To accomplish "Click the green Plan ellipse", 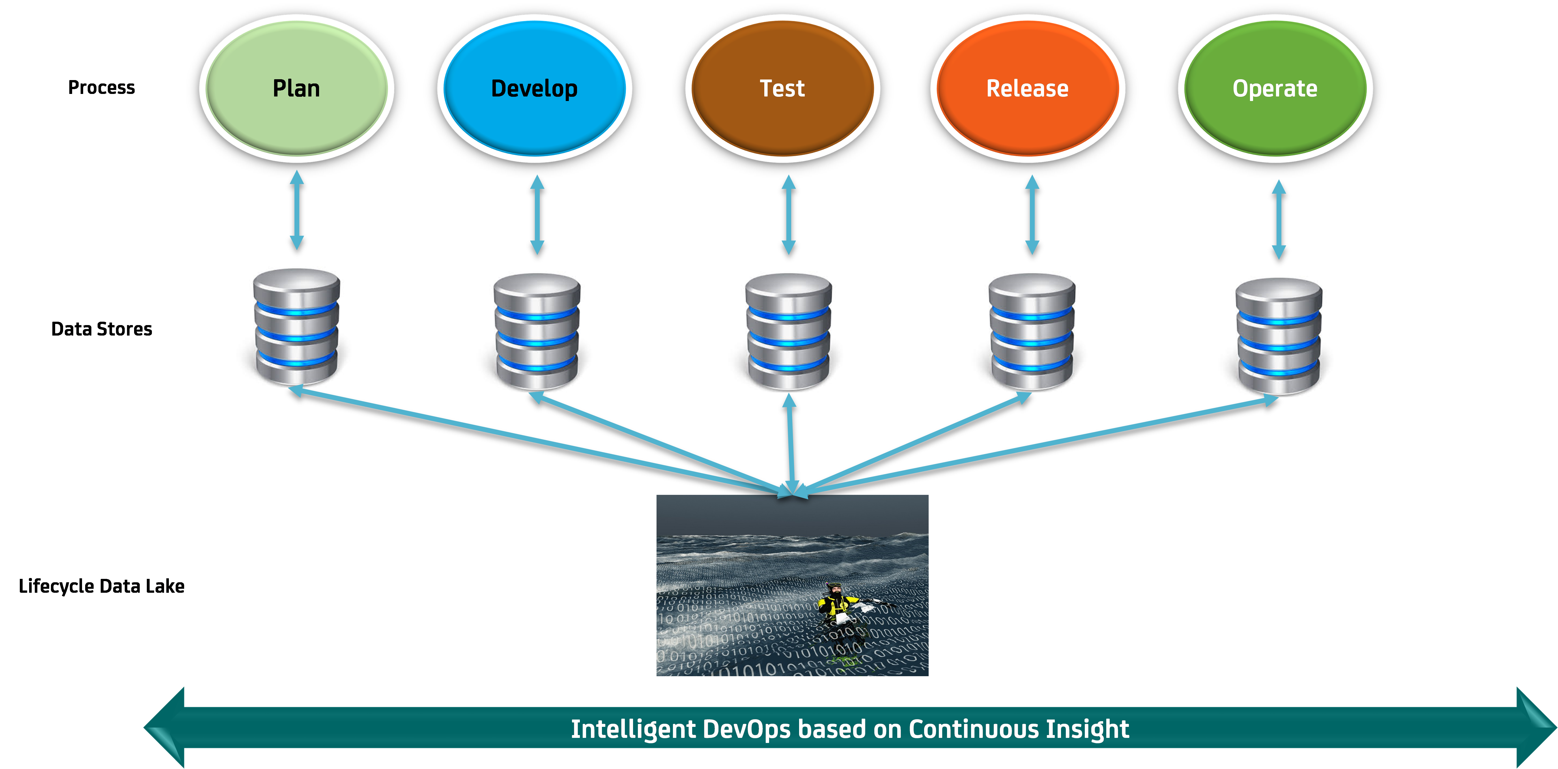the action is (296, 88).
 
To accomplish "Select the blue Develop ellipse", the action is (535, 88).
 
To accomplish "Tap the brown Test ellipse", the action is (783, 88).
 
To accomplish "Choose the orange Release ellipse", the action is (1028, 88).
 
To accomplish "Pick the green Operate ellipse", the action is (1275, 88).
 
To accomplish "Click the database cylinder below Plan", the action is (296, 327).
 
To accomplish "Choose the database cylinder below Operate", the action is (1279, 336).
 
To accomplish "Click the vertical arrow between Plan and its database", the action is (296, 210).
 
